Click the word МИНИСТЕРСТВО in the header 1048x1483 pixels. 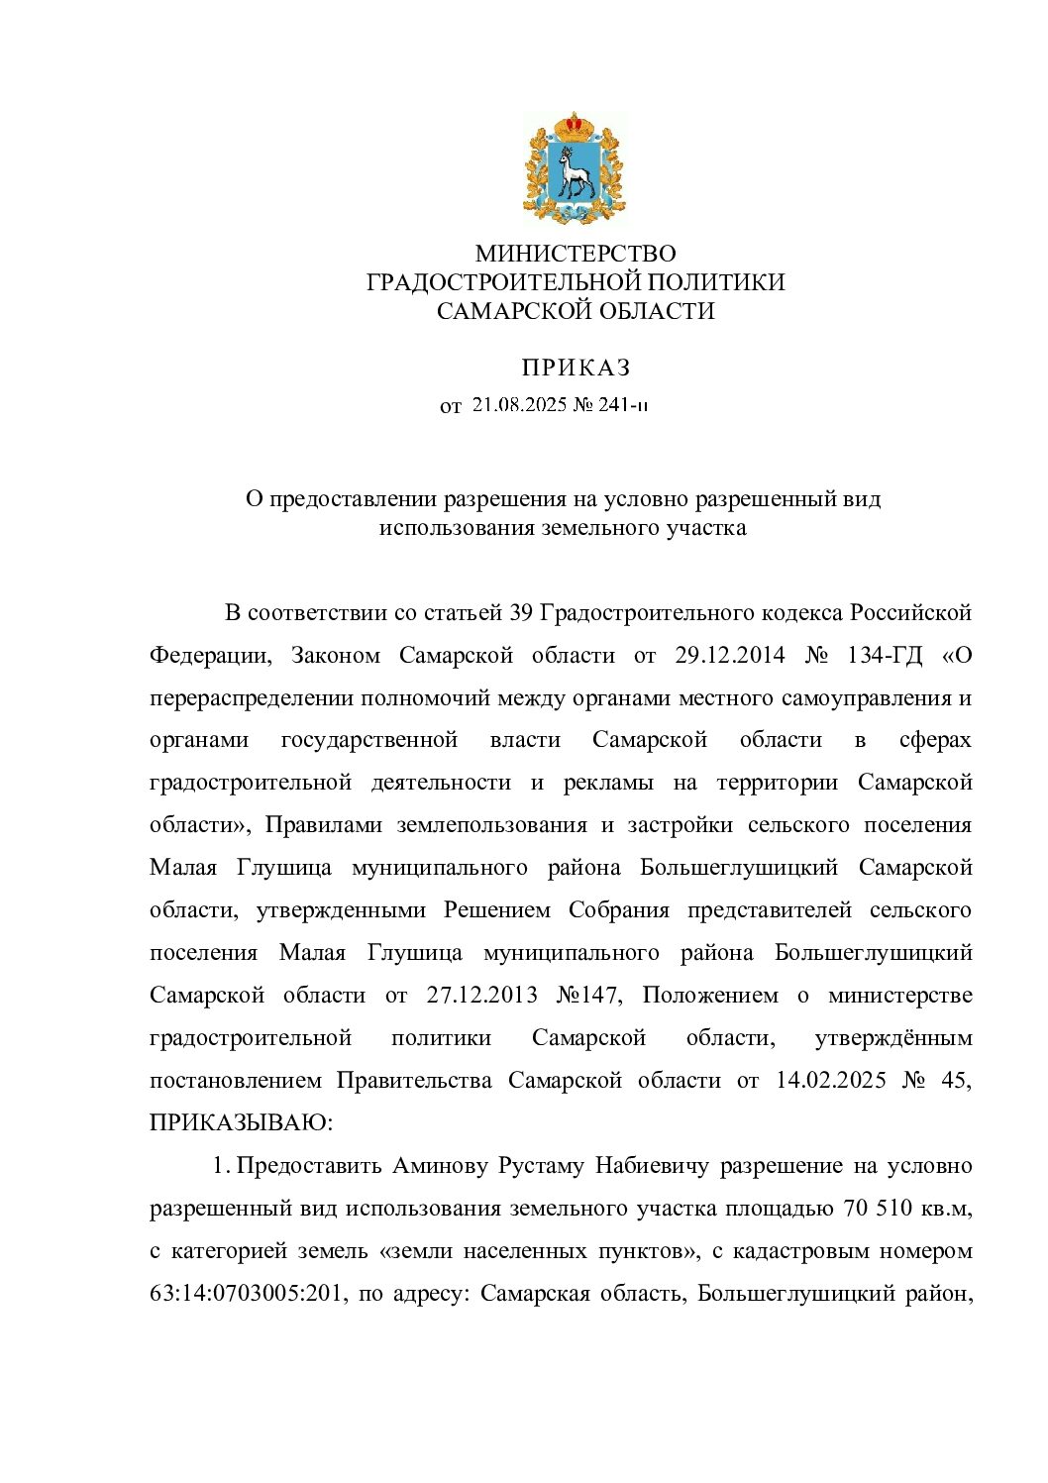[575, 255]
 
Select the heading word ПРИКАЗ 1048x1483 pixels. [576, 369]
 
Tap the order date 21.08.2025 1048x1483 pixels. [519, 405]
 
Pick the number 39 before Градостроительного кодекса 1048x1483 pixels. [521, 612]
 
